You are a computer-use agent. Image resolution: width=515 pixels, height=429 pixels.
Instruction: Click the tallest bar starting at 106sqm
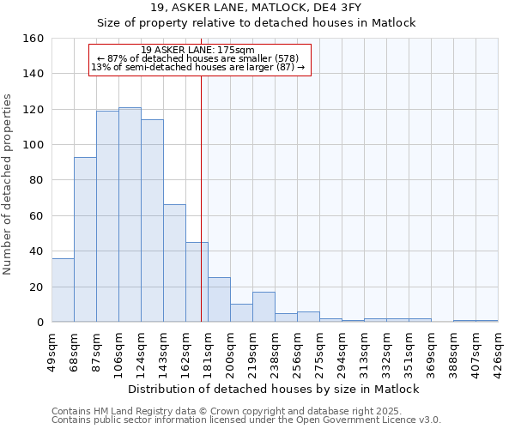pos(130,214)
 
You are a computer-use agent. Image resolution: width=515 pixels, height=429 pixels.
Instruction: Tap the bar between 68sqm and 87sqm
pos(85,239)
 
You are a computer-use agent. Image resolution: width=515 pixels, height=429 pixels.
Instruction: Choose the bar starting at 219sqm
pos(264,307)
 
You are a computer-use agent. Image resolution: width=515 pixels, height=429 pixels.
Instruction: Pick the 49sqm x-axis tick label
pos(52,350)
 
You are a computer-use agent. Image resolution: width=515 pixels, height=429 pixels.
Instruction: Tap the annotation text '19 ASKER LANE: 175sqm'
pos(198,50)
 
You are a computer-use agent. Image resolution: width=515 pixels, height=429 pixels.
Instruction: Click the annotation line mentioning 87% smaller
pos(198,58)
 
